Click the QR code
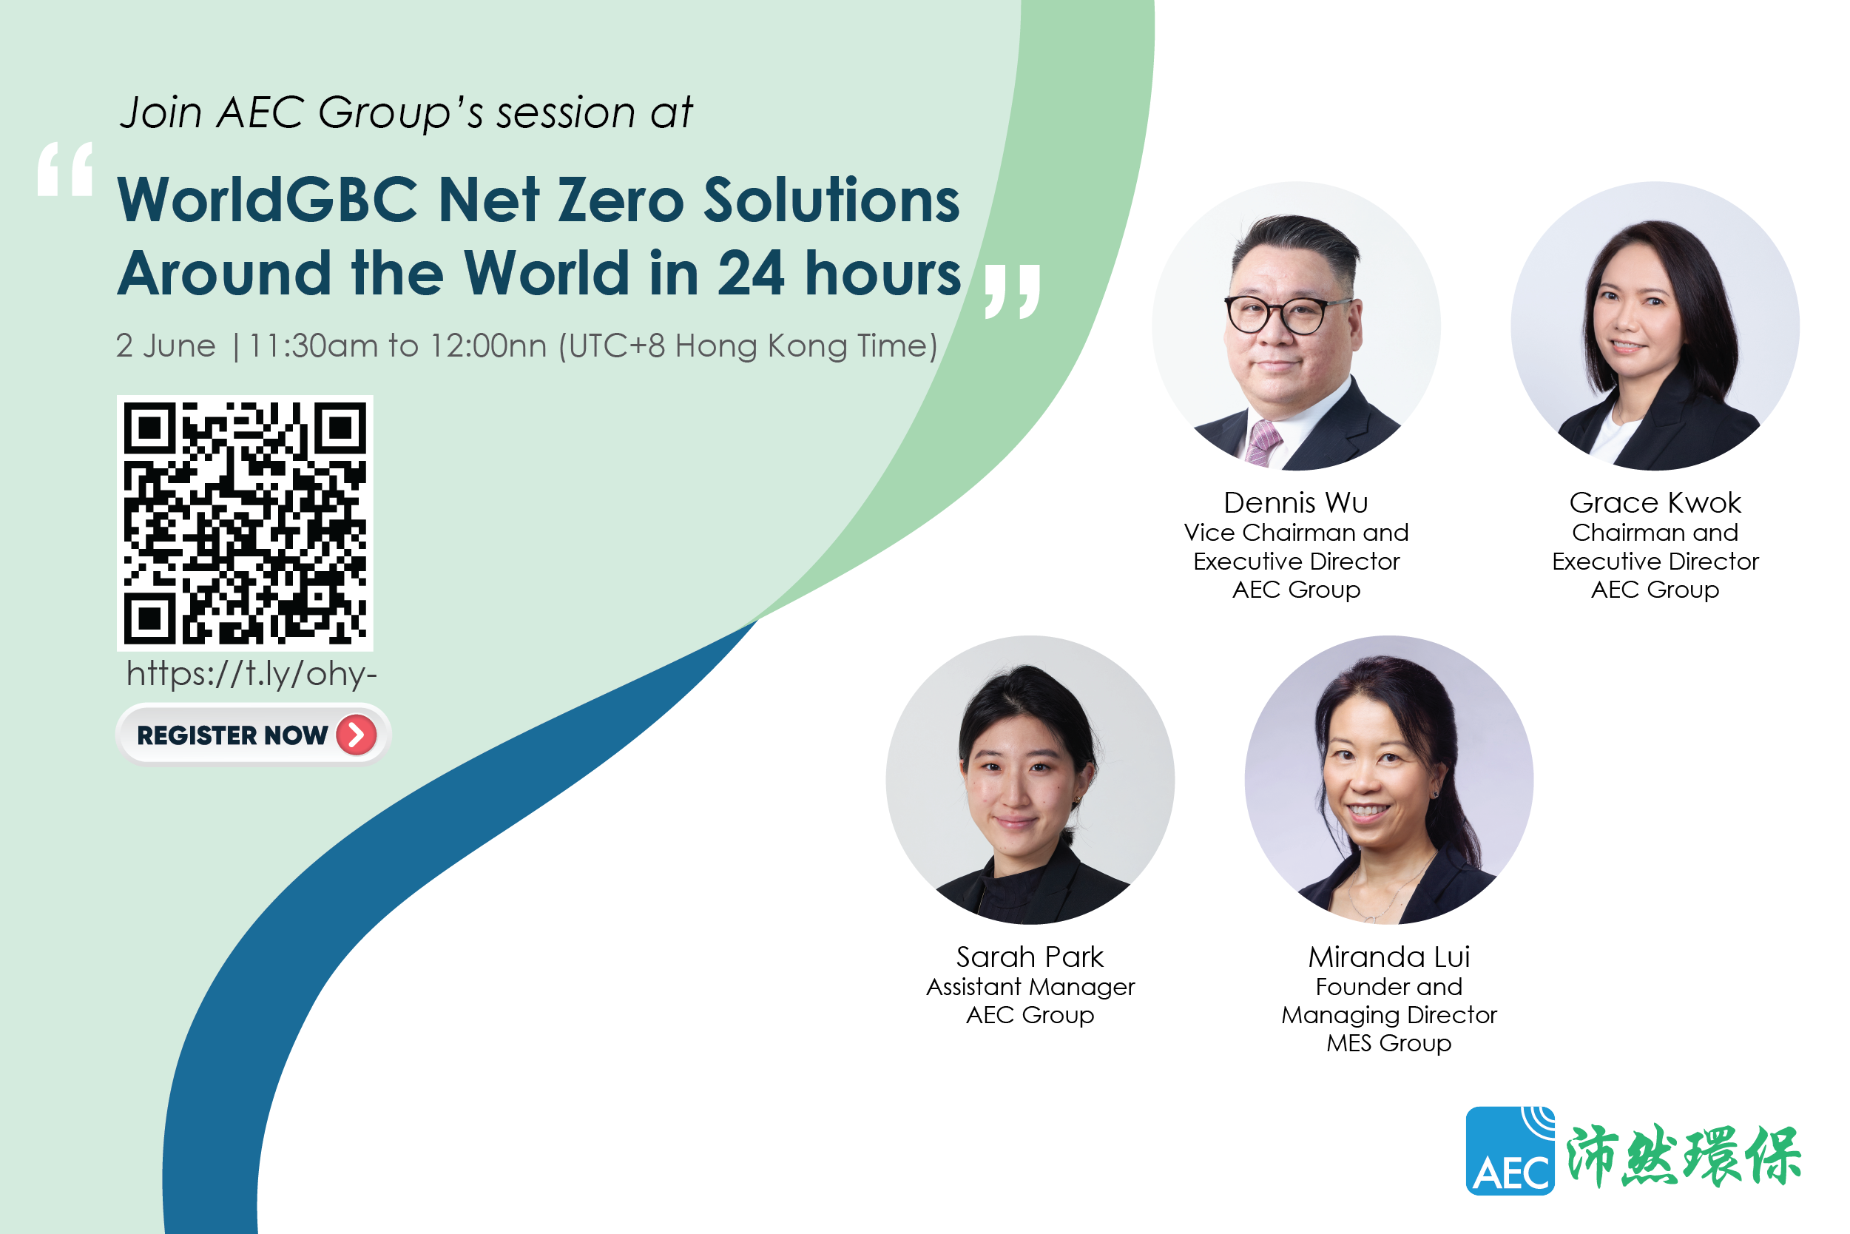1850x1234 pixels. (245, 523)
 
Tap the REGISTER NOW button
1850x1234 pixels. (252, 735)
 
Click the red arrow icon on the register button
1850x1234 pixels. (357, 735)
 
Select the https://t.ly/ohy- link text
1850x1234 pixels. (251, 674)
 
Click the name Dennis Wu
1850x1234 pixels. (1296, 502)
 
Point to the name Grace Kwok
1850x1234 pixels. (1655, 502)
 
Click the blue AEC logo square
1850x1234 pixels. (1510, 1150)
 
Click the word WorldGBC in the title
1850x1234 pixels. (267, 200)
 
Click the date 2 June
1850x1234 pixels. (165, 345)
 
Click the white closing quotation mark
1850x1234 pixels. (1012, 291)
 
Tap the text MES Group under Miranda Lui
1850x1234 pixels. (1389, 1043)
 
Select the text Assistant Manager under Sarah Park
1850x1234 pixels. (1030, 987)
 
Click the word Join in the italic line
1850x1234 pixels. (161, 112)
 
